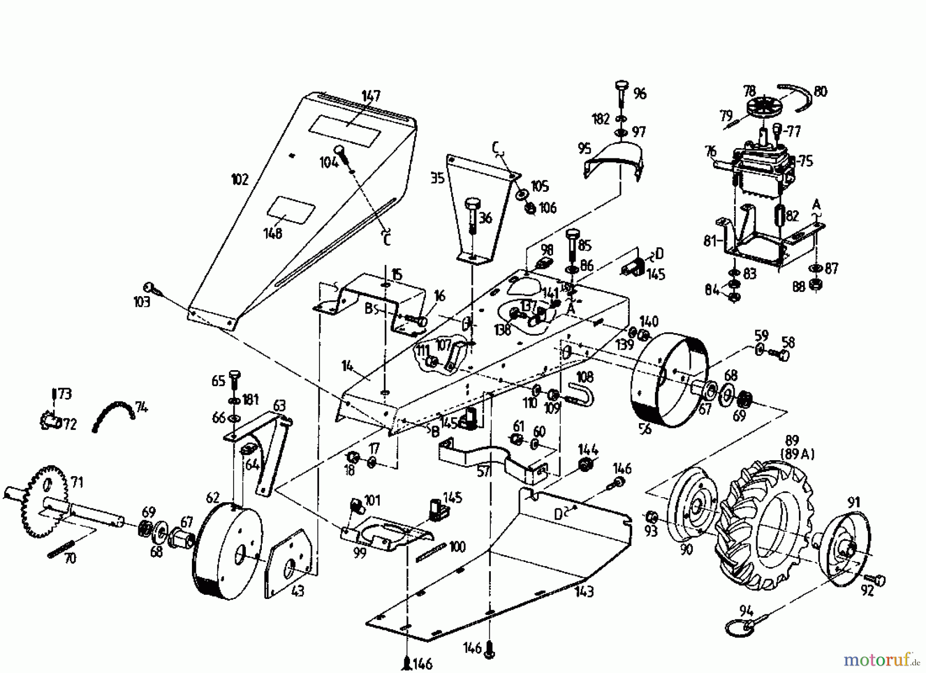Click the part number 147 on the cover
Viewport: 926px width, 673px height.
(x=370, y=96)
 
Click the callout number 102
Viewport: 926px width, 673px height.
(x=240, y=179)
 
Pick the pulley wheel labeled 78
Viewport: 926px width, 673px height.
(x=761, y=111)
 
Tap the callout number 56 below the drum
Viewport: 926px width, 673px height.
(x=645, y=428)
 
